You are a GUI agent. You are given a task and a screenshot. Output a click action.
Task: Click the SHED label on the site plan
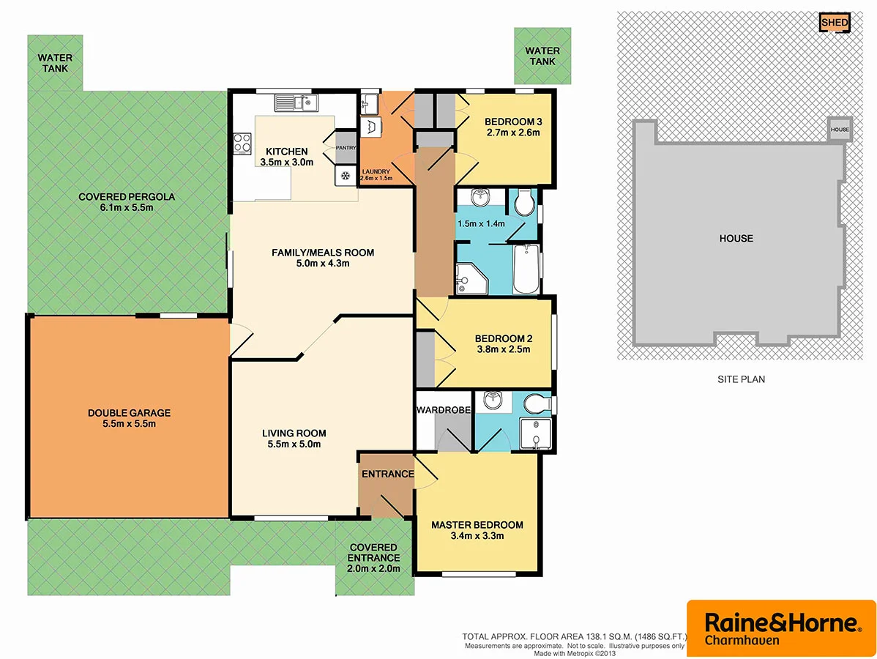click(835, 23)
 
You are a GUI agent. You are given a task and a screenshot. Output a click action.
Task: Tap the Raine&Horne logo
click(780, 628)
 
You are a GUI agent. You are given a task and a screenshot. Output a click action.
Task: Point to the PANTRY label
click(345, 148)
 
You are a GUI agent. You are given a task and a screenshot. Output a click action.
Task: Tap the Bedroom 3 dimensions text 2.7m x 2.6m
click(512, 133)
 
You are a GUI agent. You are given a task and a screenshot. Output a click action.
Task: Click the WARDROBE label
click(443, 410)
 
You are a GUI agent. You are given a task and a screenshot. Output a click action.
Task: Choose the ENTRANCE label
click(387, 474)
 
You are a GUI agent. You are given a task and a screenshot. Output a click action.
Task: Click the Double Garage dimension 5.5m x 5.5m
click(128, 424)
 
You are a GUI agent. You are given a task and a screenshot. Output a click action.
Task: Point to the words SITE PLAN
click(741, 379)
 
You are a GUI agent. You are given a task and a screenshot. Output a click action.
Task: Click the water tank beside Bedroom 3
click(542, 56)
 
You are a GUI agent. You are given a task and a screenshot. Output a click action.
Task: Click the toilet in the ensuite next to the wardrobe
click(540, 403)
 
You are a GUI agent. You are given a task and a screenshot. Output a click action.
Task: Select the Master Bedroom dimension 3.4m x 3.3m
click(477, 536)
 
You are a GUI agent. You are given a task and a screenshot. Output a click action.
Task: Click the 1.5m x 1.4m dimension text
click(481, 223)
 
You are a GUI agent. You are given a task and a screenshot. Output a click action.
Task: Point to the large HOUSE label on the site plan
click(735, 238)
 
